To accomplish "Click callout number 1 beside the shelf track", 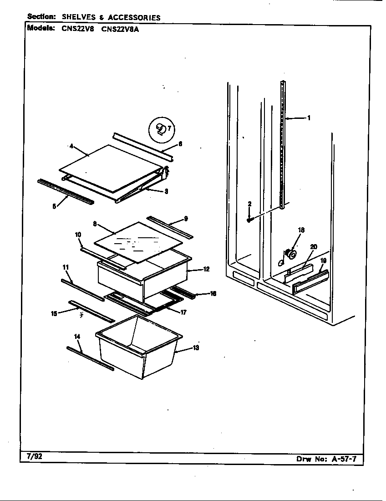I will tap(309, 118).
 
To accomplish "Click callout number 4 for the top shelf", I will tap(71, 146).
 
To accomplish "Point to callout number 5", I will tap(54, 206).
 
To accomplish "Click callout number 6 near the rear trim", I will tap(180, 144).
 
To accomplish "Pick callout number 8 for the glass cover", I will tap(95, 224).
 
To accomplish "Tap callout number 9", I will tap(186, 218).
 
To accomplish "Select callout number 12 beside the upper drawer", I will tap(206, 269).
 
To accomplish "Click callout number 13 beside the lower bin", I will tap(196, 348).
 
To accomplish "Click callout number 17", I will tap(183, 313).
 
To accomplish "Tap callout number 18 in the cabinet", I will tap(301, 230).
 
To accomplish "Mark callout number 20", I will tap(313, 247).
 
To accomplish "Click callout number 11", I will tap(66, 266).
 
